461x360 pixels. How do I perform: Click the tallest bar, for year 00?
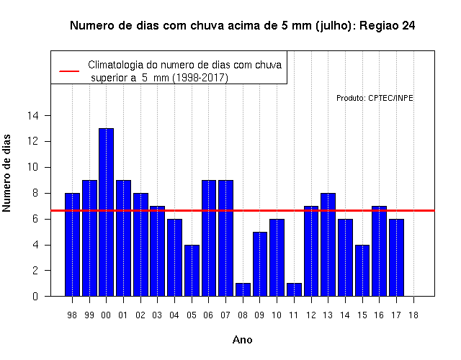pyautogui.click(x=106, y=212)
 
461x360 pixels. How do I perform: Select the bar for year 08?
pyautogui.click(x=243, y=289)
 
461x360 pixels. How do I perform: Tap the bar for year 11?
pyautogui.click(x=294, y=289)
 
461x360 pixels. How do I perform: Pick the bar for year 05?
pyautogui.click(x=192, y=271)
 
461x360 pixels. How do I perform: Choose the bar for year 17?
pyautogui.click(x=396, y=258)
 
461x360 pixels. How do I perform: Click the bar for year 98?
pyautogui.click(x=72, y=245)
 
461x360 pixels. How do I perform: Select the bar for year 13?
pyautogui.click(x=328, y=245)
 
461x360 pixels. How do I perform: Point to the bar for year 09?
pyautogui.click(x=260, y=264)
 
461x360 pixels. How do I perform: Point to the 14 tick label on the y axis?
pyautogui.click(x=33, y=116)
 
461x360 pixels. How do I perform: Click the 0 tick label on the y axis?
pyautogui.click(x=35, y=296)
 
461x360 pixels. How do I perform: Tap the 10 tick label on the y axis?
pyautogui.click(x=33, y=167)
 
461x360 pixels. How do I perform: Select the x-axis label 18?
pyautogui.click(x=413, y=315)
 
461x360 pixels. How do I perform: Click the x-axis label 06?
pyautogui.click(x=208, y=315)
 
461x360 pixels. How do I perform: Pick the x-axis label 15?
pyautogui.click(x=362, y=315)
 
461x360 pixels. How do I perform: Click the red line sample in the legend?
pyautogui.click(x=69, y=71)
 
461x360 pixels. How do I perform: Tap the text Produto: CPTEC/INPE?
pyautogui.click(x=375, y=98)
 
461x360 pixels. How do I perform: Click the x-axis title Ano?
pyautogui.click(x=243, y=340)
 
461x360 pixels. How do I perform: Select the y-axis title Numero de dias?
pyautogui.click(x=6, y=173)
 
